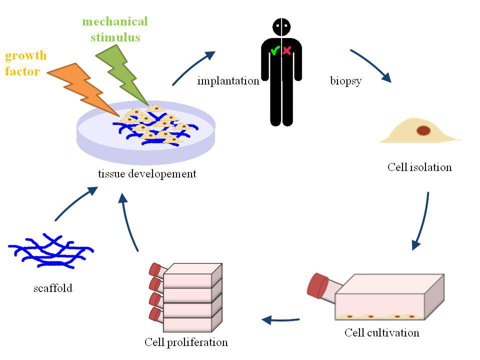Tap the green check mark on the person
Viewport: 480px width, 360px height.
point(274,50)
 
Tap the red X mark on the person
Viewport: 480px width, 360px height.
point(287,50)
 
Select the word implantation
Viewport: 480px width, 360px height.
point(228,81)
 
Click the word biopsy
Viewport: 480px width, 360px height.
point(345,81)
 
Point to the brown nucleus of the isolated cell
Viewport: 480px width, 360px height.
point(423,130)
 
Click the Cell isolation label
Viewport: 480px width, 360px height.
point(419,167)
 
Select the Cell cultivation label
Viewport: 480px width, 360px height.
point(382,332)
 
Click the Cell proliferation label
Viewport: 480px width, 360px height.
point(186,342)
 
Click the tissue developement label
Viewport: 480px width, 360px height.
point(147,174)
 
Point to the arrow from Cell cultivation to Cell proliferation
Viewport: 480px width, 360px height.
point(280,319)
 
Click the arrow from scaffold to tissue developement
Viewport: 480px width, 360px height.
point(75,204)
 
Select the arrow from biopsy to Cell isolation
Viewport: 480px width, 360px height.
point(370,65)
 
